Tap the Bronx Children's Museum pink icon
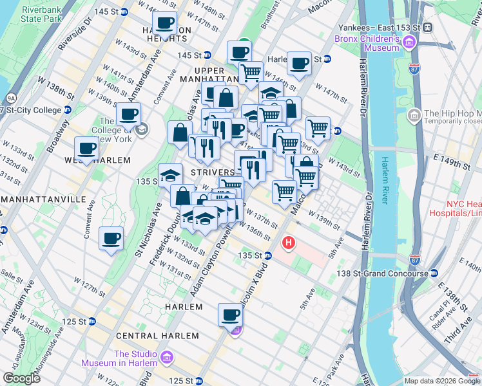[407, 44]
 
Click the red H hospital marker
[289, 244]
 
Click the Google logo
[21, 378]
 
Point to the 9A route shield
[10, 98]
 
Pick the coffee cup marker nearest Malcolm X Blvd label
[230, 315]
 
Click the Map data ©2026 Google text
[441, 381]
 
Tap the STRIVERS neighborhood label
[213, 172]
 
